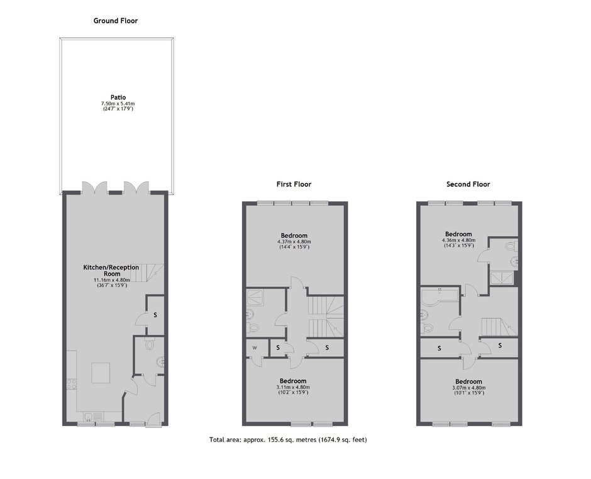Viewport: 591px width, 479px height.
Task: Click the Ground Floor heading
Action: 116,21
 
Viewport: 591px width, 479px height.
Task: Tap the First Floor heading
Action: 294,184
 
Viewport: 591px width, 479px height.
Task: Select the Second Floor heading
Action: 468,184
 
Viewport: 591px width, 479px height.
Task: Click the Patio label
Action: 118,98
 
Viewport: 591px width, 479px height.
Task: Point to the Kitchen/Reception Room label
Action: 111,270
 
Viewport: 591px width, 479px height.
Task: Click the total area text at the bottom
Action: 288,439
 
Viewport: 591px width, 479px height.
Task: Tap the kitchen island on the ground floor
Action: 101,373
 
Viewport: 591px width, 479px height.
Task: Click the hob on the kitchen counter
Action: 72,384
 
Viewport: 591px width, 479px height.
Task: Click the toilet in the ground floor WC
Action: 150,344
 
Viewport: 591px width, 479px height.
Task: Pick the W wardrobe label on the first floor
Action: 255,348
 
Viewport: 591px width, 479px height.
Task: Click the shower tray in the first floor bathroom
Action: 255,298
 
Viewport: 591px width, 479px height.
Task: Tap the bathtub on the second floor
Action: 439,298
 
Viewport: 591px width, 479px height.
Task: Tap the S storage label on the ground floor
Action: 155,315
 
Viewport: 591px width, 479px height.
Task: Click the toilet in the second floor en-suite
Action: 511,246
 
